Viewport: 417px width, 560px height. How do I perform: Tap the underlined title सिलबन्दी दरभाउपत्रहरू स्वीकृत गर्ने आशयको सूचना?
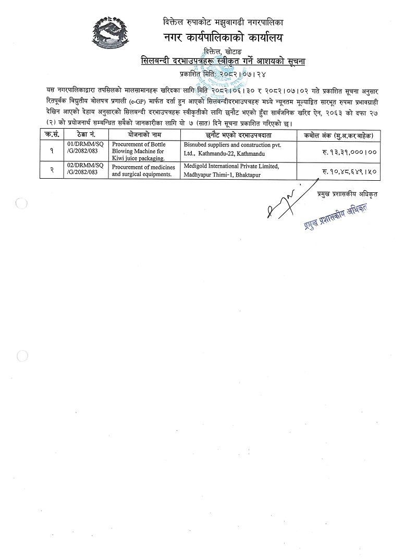tap(223, 61)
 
